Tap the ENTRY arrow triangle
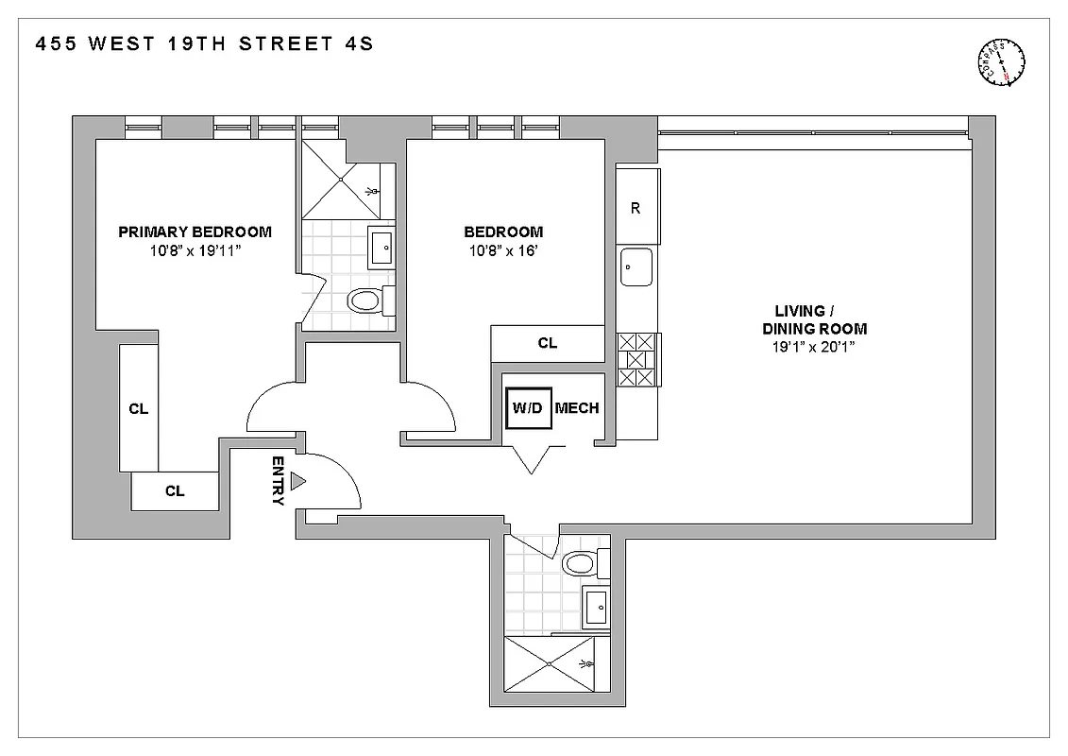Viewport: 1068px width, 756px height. coord(297,482)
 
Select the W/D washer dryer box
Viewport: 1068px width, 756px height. coord(528,408)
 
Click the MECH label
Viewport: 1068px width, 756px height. coord(577,408)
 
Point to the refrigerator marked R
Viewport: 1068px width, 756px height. coord(636,208)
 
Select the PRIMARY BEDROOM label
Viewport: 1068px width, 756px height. coord(195,232)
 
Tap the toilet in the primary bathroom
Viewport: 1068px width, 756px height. coord(364,301)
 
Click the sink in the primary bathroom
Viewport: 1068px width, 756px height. coord(382,247)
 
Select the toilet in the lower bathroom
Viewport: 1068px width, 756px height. coord(579,565)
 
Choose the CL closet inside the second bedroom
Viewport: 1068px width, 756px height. coord(548,343)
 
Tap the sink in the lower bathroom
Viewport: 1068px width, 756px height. coord(597,606)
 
